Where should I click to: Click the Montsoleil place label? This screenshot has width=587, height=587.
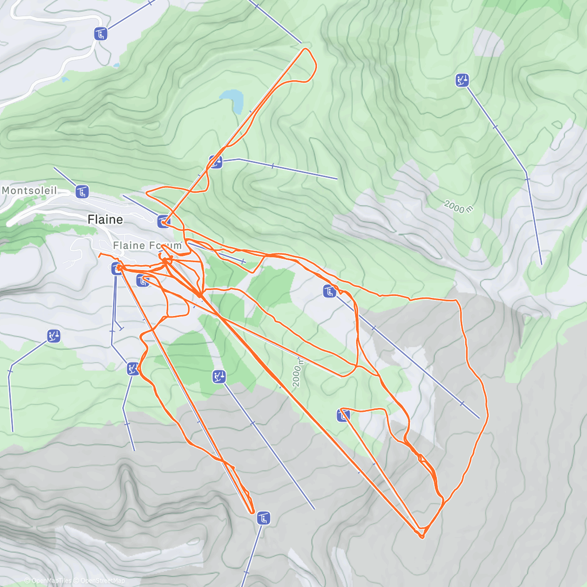(29, 190)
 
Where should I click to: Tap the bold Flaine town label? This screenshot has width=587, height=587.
(105, 219)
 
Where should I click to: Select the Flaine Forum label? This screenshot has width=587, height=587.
(147, 246)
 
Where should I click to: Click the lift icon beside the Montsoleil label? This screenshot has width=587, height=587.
(82, 192)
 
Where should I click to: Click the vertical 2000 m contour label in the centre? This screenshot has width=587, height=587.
(297, 373)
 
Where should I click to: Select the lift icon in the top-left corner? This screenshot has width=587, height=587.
(101, 34)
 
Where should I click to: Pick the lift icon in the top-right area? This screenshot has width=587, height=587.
(462, 80)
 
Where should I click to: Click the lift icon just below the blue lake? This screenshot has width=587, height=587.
(216, 162)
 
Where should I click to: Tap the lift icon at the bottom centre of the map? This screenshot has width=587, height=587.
(264, 519)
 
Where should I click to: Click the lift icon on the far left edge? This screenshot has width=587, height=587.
(54, 336)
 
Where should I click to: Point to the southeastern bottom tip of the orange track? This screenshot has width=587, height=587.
(422, 537)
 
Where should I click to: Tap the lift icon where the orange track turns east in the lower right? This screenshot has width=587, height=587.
(343, 416)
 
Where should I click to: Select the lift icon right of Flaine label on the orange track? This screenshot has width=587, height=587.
(163, 222)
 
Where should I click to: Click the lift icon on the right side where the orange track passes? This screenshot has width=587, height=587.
(330, 292)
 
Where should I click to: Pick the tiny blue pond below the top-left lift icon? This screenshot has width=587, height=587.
(116, 65)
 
